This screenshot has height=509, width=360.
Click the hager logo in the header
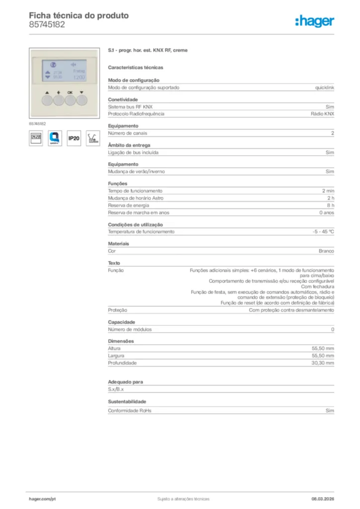coord(314,21)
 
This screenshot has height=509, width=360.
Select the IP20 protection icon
coord(74,138)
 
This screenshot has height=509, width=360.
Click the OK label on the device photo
coord(70,92)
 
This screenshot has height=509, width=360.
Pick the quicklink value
coord(324,87)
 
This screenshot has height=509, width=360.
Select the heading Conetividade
coord(123,99)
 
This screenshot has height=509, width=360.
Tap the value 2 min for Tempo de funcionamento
coord(328,191)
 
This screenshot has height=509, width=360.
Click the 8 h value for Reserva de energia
coord(330,205)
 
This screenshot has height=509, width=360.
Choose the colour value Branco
coord(326,251)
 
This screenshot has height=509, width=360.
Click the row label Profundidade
coord(122,363)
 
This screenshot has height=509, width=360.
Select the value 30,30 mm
coord(323,363)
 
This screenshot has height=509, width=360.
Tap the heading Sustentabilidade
coord(127,401)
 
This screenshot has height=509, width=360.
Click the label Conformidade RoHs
coord(129,411)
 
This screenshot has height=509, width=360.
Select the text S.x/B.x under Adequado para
coord(116,389)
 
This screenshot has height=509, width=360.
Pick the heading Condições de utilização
coord(135,225)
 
